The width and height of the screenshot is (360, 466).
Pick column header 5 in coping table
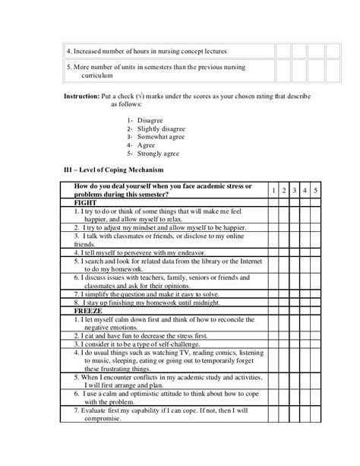[x=316, y=189]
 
